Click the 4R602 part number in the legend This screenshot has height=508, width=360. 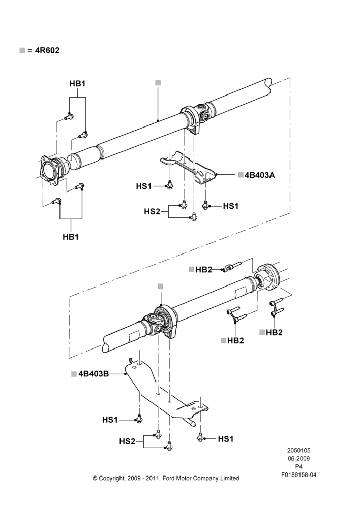click(x=47, y=50)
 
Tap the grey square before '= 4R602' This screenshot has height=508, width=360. click(x=22, y=50)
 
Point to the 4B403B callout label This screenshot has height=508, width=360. click(x=94, y=374)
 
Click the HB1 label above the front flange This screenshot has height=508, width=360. click(x=77, y=84)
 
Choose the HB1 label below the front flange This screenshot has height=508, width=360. click(x=71, y=237)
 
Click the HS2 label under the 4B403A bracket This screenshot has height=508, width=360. click(x=152, y=211)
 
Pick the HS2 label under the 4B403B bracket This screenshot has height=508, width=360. click(x=127, y=441)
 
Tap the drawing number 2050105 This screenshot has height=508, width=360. click(x=298, y=450)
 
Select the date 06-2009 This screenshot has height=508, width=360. click(x=298, y=458)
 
